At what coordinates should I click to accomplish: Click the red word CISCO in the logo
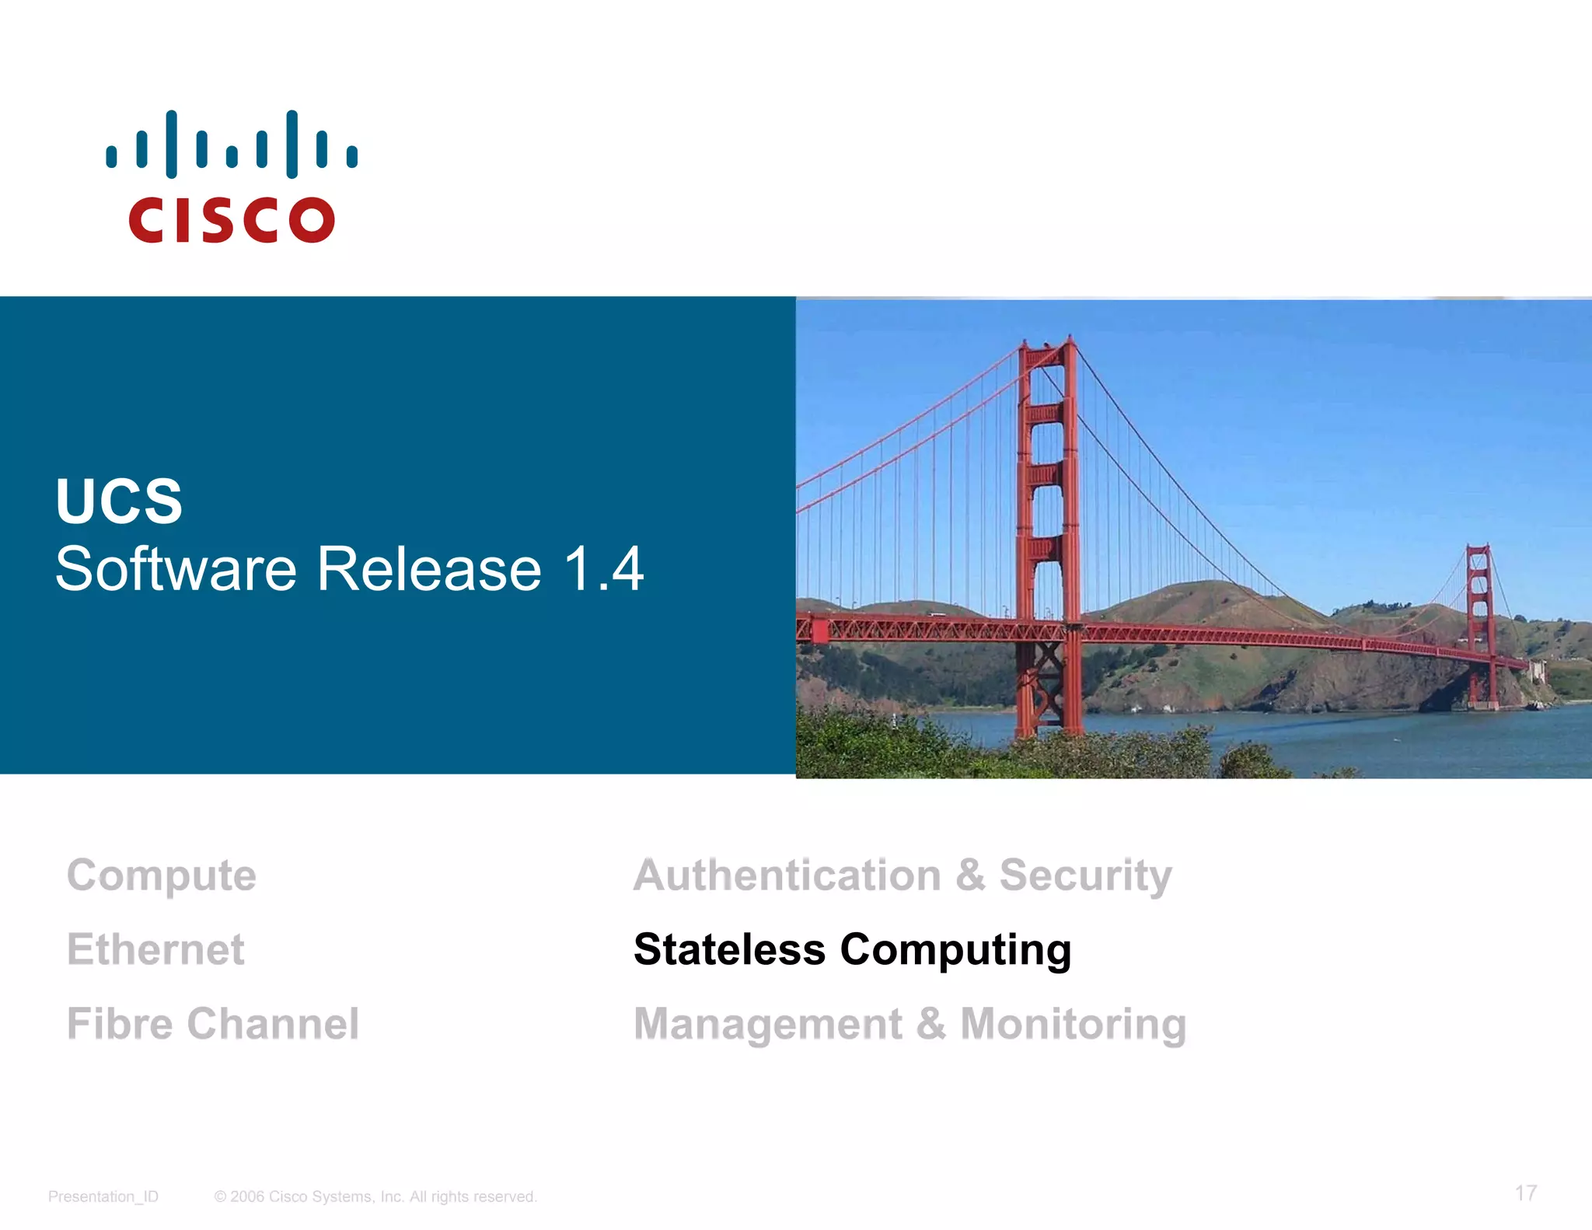[x=232, y=220]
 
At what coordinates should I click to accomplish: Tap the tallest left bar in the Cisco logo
[x=171, y=144]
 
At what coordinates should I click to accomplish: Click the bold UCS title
[x=119, y=501]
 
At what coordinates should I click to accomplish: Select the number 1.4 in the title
[x=604, y=568]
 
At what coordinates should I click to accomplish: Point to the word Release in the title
[x=429, y=568]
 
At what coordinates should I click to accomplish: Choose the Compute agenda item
[x=162, y=875]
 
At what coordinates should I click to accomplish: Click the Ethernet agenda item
[x=155, y=949]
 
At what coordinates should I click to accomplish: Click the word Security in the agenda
[x=1085, y=875]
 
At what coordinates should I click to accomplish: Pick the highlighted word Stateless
[x=729, y=949]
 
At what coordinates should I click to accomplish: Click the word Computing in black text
[x=955, y=949]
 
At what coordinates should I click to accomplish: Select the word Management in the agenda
[x=768, y=1024]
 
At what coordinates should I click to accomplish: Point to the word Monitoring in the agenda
[x=1074, y=1024]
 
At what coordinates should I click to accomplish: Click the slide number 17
[x=1525, y=1193]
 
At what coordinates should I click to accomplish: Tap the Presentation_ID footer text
[x=103, y=1197]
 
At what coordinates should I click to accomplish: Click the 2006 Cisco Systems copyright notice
[x=375, y=1197]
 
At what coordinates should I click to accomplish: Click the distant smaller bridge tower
[x=1479, y=622]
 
